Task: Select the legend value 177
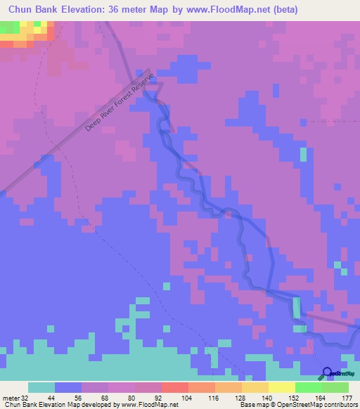(x=345, y=397)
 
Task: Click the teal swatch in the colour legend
(x=41, y=387)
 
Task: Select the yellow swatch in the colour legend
(x=281, y=387)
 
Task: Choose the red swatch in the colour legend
(x=174, y=387)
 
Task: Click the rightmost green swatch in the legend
(x=335, y=387)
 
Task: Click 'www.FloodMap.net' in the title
(x=219, y=9)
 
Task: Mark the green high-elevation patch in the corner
(x=8, y=27)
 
